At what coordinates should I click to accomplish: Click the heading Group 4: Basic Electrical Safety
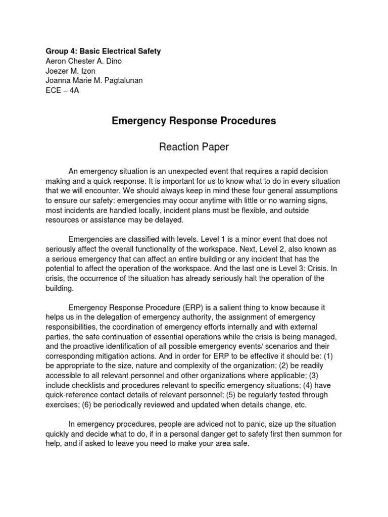click(103, 51)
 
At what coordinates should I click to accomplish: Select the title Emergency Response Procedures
click(193, 121)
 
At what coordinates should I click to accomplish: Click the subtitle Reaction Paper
click(193, 147)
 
